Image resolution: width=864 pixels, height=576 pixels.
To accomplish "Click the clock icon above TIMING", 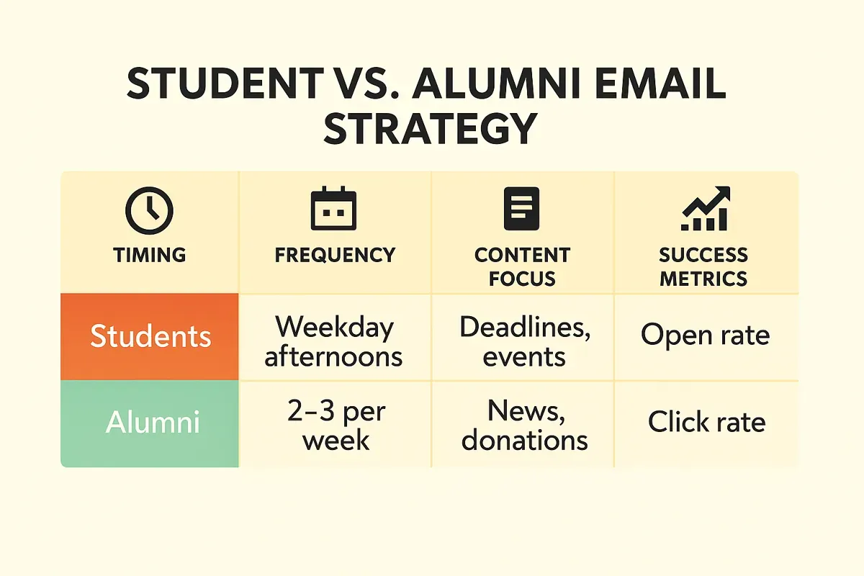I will coord(149,210).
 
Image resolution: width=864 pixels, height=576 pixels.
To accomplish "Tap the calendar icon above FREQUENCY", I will coord(333,210).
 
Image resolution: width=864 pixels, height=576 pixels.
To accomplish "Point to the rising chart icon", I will coord(705,209).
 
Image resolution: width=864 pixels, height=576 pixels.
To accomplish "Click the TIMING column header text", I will coord(149,255).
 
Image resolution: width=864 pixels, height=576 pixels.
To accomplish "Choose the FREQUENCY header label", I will coord(335,255).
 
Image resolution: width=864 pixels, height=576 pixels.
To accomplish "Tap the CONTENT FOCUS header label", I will coord(522,266).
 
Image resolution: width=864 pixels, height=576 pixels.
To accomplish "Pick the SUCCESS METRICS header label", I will coord(703,266).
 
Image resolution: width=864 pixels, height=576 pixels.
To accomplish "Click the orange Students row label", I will coord(150,336).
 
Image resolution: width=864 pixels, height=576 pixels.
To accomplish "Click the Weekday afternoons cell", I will coord(334,341).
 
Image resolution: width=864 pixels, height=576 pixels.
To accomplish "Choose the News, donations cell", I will coord(524,426).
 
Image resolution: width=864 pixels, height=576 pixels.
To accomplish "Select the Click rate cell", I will coord(706,422).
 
